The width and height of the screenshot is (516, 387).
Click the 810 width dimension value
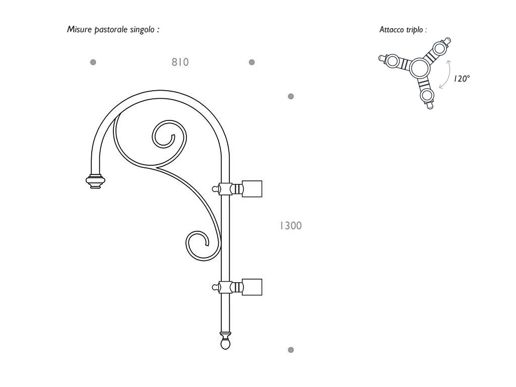click(x=180, y=62)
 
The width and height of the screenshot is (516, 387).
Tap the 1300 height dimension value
click(x=291, y=226)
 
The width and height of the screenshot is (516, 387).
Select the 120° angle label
click(x=462, y=79)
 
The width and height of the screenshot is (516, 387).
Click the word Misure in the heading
click(x=79, y=29)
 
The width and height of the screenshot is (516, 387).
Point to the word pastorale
click(x=110, y=30)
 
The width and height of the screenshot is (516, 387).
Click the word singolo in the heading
click(x=142, y=30)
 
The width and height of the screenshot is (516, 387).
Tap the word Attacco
click(x=392, y=30)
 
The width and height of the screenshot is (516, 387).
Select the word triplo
click(x=414, y=30)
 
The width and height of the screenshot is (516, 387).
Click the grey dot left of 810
click(x=93, y=62)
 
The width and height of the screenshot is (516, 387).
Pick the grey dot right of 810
click(x=252, y=62)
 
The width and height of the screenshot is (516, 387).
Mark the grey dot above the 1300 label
click(x=291, y=96)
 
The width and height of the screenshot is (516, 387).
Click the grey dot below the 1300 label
click(x=291, y=350)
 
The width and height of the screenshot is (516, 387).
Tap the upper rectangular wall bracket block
click(x=252, y=189)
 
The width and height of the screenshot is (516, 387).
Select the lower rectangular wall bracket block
click(x=252, y=287)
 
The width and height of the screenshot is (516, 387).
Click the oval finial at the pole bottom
click(x=225, y=344)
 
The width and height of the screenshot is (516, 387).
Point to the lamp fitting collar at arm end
click(x=95, y=181)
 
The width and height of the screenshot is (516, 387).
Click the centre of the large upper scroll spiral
click(x=168, y=135)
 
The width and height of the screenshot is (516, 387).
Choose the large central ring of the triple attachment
click(x=420, y=69)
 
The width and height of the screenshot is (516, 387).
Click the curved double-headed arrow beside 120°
click(x=448, y=75)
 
